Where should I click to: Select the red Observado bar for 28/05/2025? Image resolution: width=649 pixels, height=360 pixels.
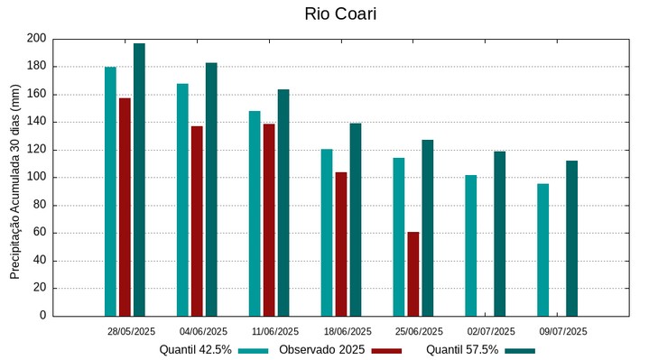tap(125, 207)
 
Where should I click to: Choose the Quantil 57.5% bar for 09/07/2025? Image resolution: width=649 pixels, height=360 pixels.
tap(571, 238)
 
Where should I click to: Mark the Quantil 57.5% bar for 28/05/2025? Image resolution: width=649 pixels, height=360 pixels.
tap(139, 180)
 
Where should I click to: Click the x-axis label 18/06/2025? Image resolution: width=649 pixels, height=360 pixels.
tap(348, 331)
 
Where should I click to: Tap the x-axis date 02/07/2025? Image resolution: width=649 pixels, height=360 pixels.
tap(491, 331)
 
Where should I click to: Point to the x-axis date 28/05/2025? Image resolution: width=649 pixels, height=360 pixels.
tap(131, 331)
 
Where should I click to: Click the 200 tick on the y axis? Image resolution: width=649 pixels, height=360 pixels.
tap(36, 39)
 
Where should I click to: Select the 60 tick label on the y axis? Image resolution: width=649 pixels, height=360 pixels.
tap(39, 233)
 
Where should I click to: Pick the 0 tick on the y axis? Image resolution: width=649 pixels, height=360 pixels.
tap(42, 316)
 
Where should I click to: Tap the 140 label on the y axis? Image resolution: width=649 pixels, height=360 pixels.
tap(36, 122)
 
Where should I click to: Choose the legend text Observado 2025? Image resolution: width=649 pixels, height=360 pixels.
tap(321, 350)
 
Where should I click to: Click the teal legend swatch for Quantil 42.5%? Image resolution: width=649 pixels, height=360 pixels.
tap(255, 350)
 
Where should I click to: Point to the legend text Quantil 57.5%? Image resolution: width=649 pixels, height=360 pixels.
tap(462, 350)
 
